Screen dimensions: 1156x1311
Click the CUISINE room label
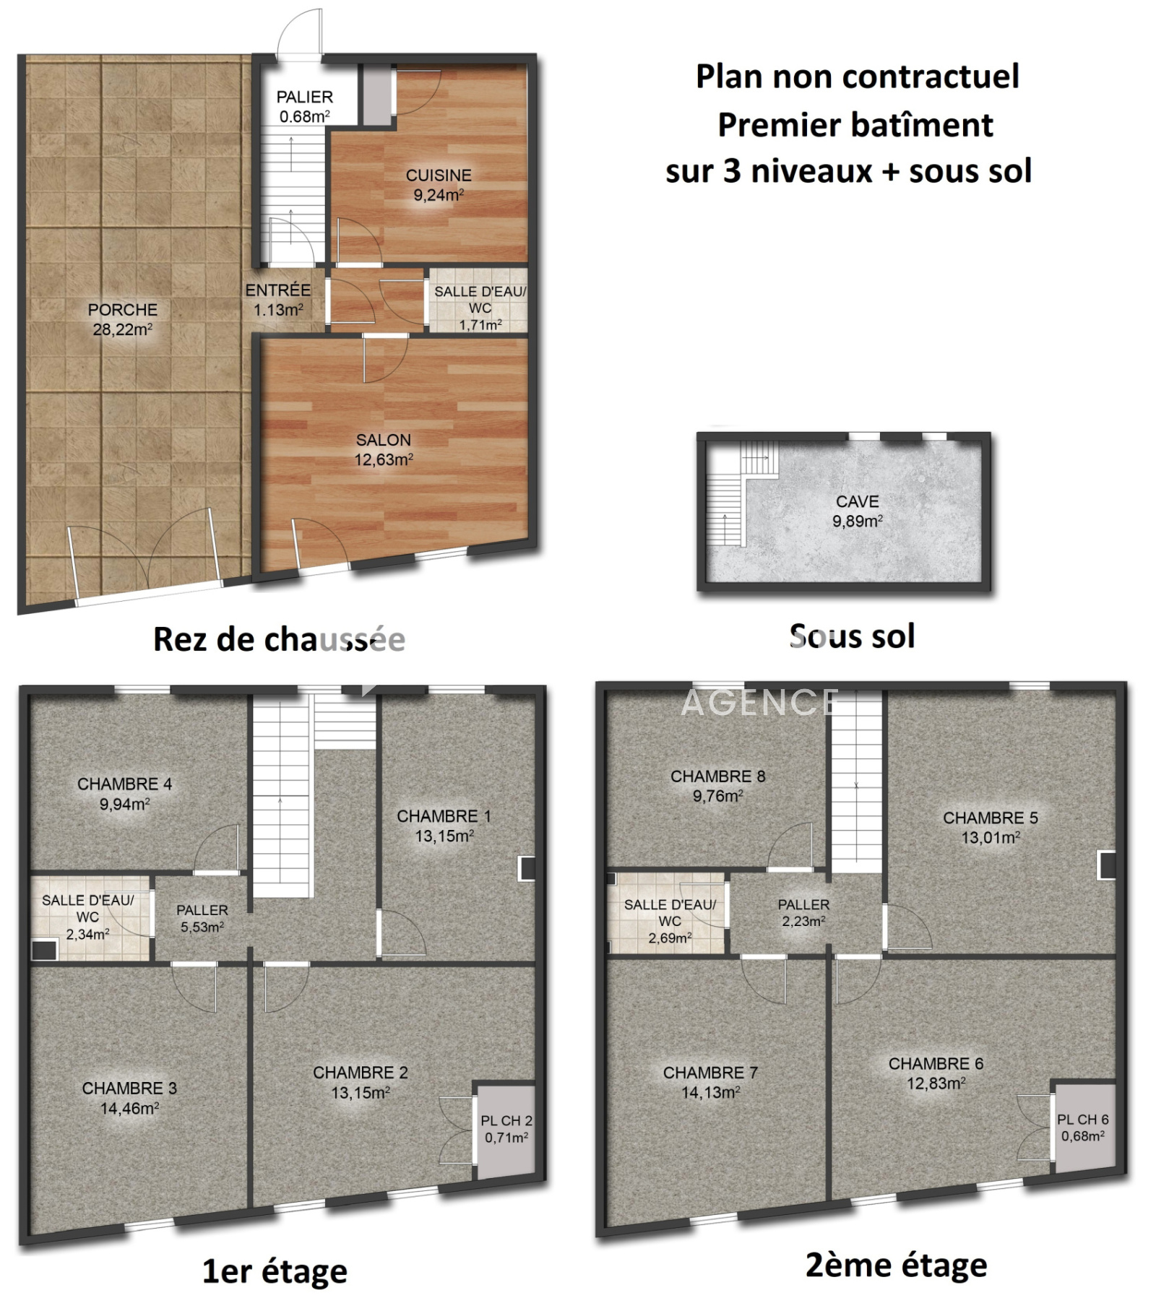tap(439, 175)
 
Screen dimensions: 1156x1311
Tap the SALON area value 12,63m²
tap(384, 459)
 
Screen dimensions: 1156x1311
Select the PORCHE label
tap(123, 310)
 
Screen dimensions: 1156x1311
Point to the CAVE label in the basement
tap(858, 501)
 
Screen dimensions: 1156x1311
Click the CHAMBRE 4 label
tap(125, 784)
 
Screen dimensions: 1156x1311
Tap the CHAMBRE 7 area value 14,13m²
tap(711, 1092)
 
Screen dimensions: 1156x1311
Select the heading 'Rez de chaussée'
tap(280, 639)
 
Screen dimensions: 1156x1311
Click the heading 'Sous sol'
tap(853, 636)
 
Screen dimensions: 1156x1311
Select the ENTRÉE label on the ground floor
tap(278, 290)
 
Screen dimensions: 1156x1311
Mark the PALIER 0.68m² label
tap(305, 106)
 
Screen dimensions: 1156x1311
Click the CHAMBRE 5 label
tap(991, 818)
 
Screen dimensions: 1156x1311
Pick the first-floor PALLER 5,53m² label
tap(202, 919)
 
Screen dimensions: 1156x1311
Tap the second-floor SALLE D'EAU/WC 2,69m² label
tap(670, 922)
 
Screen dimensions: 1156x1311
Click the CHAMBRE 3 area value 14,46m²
tap(130, 1108)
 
